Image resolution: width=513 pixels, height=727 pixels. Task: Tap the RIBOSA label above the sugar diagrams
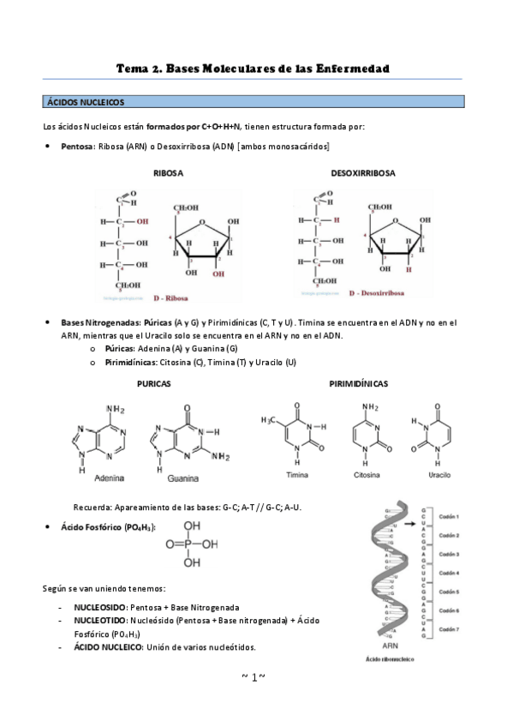(x=168, y=173)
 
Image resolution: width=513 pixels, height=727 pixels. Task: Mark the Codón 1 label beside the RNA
(x=450, y=517)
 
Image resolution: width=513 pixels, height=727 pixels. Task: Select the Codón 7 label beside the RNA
(x=450, y=628)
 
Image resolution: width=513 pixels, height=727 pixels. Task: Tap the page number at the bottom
(x=254, y=677)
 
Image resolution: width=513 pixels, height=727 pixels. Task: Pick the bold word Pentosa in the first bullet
(x=77, y=147)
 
